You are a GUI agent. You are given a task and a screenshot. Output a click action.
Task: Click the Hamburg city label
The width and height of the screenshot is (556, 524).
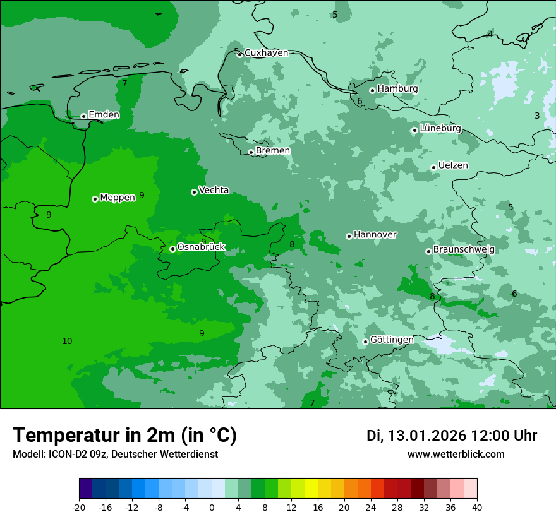click(397, 89)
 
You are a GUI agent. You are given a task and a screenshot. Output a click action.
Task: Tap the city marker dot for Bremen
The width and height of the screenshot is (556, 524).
click(251, 152)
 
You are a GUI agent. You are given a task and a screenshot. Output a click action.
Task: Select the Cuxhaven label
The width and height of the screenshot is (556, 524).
click(266, 53)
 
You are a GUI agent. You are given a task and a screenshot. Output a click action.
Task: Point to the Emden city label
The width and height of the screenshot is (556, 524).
click(104, 115)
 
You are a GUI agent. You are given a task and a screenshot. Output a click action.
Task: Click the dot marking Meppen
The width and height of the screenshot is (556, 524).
click(95, 199)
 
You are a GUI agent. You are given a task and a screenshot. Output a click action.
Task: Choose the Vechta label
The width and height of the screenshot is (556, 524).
click(214, 190)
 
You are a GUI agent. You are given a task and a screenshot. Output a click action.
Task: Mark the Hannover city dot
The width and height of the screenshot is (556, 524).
click(349, 236)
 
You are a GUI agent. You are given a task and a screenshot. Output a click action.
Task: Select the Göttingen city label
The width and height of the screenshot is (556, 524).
click(392, 340)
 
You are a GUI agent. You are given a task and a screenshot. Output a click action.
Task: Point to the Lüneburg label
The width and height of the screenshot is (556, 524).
click(440, 128)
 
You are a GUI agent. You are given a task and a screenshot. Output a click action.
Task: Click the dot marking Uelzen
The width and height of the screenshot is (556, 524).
click(434, 167)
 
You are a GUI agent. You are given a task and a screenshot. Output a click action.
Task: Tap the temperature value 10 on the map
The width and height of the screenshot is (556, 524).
click(67, 342)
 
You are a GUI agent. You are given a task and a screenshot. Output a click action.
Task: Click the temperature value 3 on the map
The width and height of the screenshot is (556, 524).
click(537, 116)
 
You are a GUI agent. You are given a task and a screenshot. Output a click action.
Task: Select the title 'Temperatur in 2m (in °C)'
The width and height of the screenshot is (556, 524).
click(125, 436)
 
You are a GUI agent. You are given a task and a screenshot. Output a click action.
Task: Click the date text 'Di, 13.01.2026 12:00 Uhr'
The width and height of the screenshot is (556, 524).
click(452, 436)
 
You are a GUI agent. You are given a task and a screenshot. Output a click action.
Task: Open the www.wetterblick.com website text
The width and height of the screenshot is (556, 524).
click(456, 455)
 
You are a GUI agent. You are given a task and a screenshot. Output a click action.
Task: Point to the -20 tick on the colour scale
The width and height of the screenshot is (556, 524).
click(79, 507)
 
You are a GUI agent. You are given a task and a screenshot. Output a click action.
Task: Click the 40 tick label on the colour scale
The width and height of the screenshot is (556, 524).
click(477, 507)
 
